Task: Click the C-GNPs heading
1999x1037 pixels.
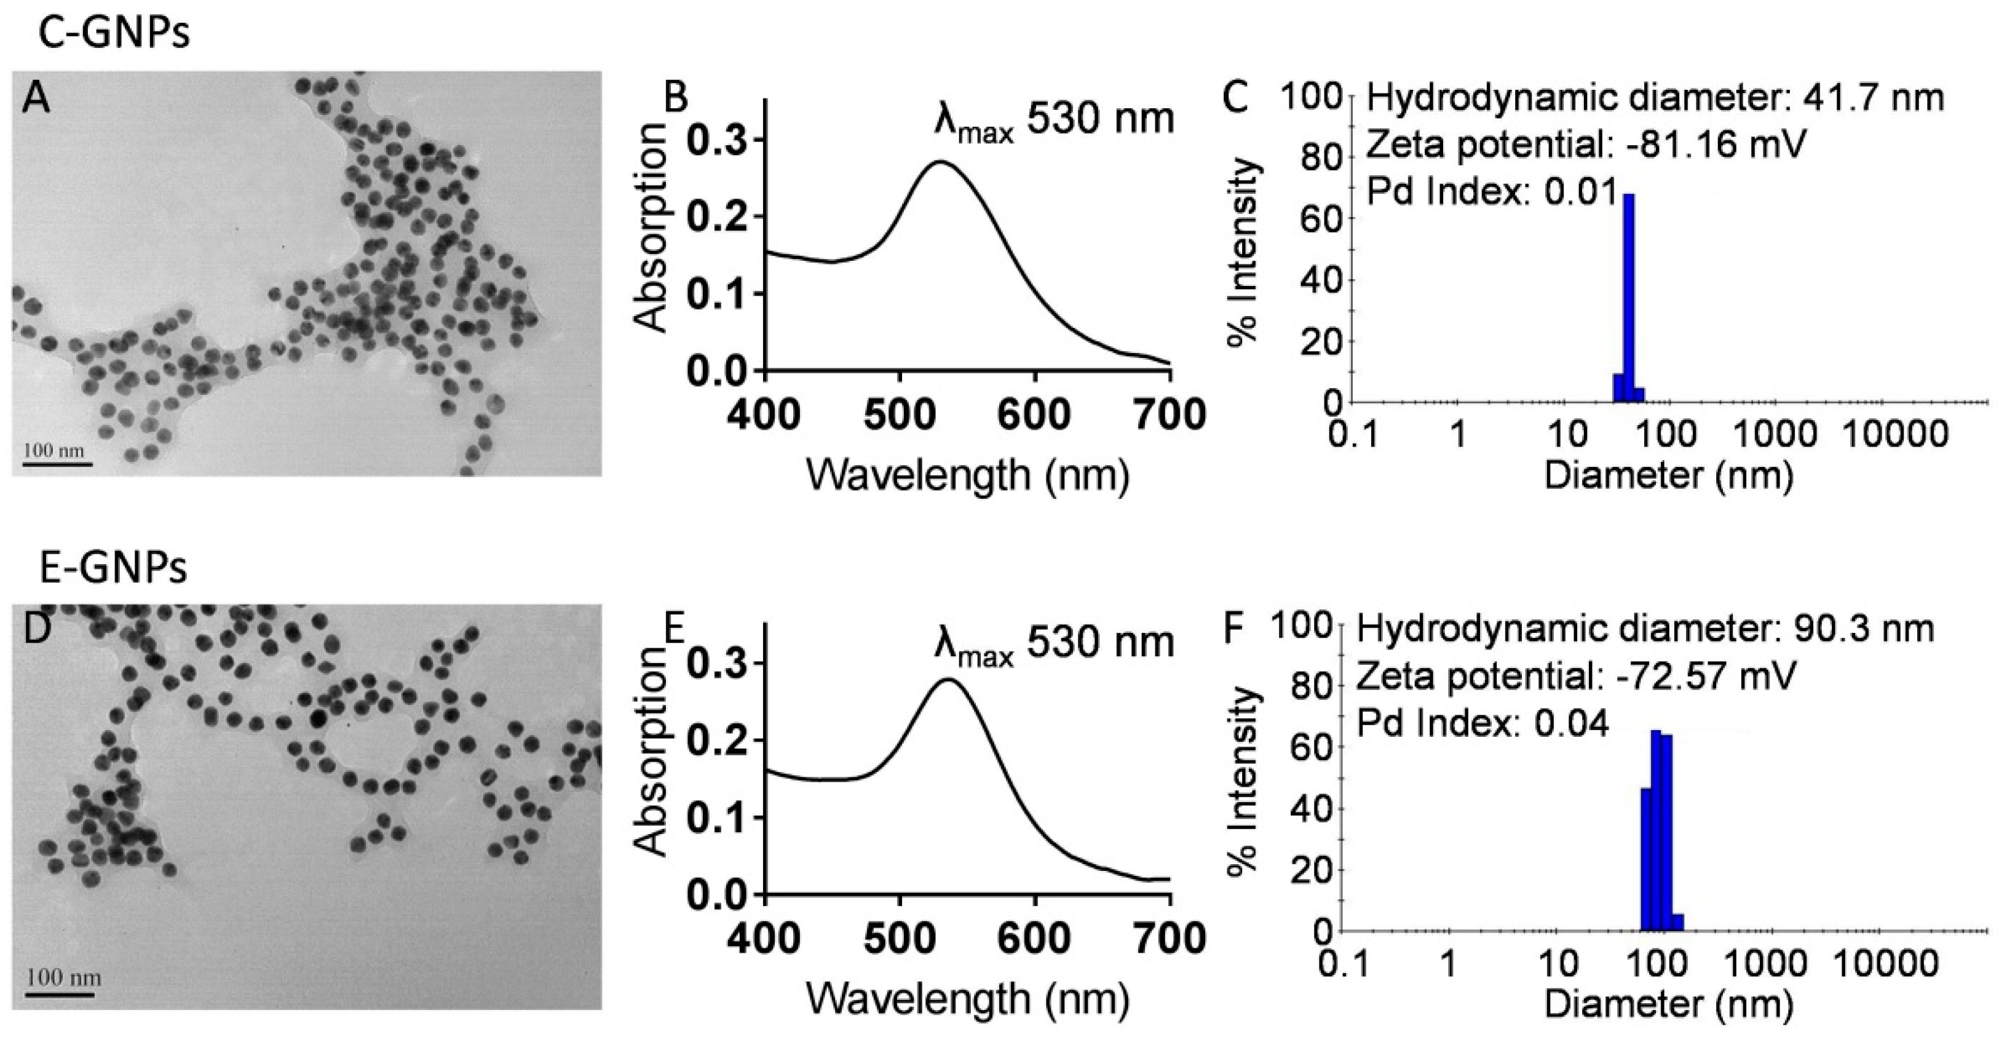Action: pyautogui.click(x=113, y=34)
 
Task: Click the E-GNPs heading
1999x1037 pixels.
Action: pyautogui.click(x=113, y=568)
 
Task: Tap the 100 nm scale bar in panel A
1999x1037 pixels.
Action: pyautogui.click(x=57, y=464)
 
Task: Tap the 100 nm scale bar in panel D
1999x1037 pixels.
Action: pyautogui.click(x=60, y=991)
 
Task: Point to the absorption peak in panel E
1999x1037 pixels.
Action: pyautogui.click(x=948, y=680)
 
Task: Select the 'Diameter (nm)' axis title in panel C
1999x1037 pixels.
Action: pyautogui.click(x=1668, y=475)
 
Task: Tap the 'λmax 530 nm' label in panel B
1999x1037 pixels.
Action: pyautogui.click(x=1054, y=121)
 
